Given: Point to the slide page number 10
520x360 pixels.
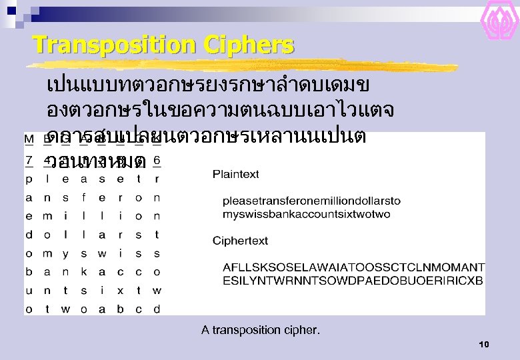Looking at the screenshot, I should coord(484,344).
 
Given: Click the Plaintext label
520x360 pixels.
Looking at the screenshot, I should coord(236,175).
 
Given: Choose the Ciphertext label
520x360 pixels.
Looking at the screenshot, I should coord(240,241).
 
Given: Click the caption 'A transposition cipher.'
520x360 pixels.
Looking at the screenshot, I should coord(261,329).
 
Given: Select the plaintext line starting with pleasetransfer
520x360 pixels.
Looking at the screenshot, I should coord(311,201).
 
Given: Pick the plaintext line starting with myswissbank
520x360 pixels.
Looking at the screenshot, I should coord(306,214).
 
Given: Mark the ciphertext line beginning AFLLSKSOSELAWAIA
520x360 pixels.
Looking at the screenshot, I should coord(353,267).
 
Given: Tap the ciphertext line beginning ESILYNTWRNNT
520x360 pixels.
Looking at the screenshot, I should coord(353,281).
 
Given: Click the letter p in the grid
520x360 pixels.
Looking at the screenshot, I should coord(29,179).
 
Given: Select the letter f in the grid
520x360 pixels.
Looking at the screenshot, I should coord(84,198).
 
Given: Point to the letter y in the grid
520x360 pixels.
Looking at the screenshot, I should coord(65,253).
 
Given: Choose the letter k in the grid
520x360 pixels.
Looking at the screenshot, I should coord(84,272).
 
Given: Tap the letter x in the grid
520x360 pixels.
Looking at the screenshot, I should coord(121,291).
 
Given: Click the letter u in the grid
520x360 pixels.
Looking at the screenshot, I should coord(29,291).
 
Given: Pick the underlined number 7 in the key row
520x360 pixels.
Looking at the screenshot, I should coord(29,161).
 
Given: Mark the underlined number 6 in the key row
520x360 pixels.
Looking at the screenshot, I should coord(157,161).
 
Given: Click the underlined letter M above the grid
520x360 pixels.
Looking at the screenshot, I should coord(29,139).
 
